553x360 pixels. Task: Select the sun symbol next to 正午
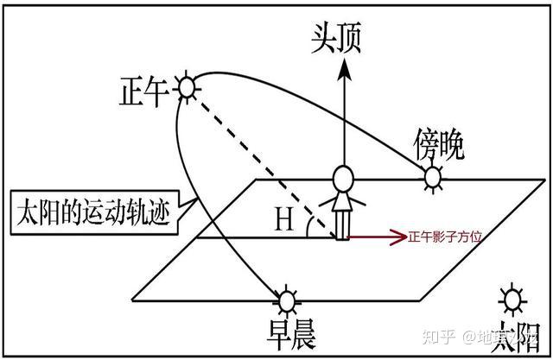point(187,86)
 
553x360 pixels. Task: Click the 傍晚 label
point(438,143)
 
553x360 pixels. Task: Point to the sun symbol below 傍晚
point(432,179)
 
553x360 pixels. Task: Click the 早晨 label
point(289,332)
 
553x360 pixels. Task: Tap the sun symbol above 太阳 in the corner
point(513,300)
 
